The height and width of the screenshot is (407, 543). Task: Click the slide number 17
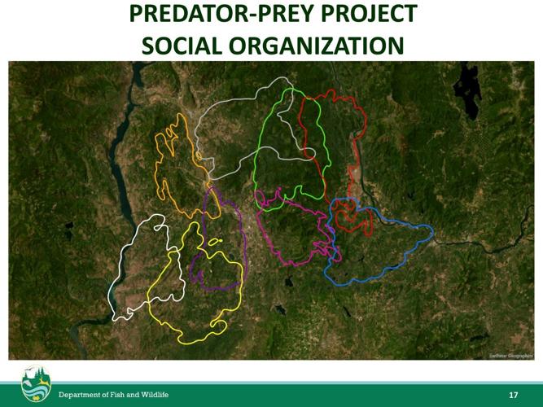(x=513, y=395)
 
